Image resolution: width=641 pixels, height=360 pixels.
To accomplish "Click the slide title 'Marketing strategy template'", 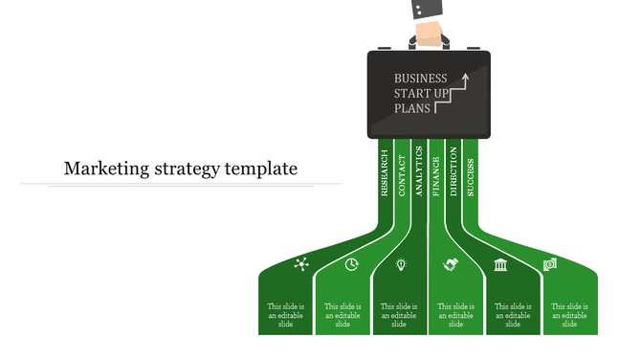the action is [181, 169].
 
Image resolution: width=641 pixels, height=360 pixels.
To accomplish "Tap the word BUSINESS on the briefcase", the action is [420, 79].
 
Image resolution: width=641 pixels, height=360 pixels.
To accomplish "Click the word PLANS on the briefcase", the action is [412, 109].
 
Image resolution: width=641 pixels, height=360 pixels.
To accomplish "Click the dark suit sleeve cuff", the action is [428, 10].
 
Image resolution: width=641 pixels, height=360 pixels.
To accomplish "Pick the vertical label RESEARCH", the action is [385, 173].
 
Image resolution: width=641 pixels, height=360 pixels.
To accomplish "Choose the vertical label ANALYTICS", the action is [418, 171].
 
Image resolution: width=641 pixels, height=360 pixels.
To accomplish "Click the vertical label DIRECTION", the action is [453, 172].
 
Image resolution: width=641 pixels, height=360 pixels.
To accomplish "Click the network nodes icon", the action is [302, 264].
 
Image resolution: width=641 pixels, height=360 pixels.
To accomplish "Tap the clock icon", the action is [352, 264].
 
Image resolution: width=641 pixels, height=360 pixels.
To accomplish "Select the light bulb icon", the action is [402, 264].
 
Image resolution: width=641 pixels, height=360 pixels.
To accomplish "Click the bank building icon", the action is [500, 264].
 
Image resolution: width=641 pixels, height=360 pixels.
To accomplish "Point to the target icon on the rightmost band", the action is [550, 264].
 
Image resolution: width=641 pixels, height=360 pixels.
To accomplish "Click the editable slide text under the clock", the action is [343, 315].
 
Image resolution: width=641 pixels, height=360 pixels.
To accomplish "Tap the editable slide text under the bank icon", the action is [513, 315].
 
